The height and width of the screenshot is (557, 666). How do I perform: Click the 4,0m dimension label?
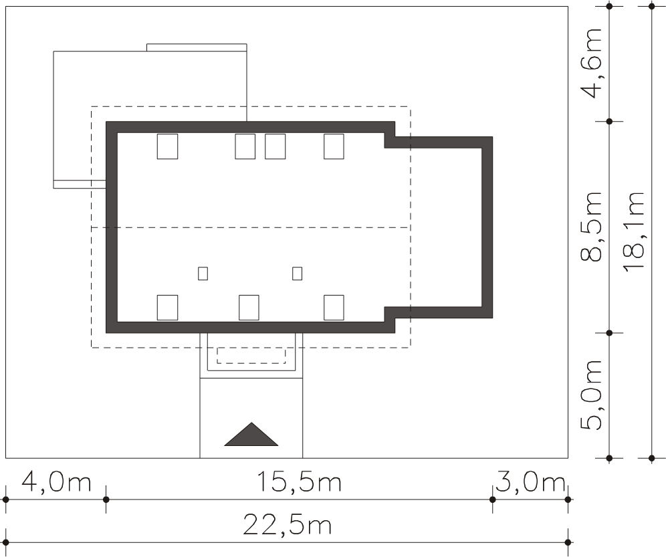(x=56, y=483)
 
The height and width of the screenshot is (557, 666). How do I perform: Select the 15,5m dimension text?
(x=299, y=483)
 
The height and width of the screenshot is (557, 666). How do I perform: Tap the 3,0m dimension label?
(x=530, y=483)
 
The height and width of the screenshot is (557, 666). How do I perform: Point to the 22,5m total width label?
(x=287, y=525)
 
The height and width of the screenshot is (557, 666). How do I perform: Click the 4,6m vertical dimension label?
(x=591, y=63)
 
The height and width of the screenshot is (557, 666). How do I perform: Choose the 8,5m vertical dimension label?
(x=591, y=227)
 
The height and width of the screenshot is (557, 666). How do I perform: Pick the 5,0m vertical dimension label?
(x=591, y=395)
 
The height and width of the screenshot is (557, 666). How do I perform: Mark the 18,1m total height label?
(x=634, y=231)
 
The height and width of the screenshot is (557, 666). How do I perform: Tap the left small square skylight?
(x=203, y=273)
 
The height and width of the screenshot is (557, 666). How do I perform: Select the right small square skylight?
(x=298, y=273)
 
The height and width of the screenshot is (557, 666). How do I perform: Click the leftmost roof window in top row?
(x=167, y=146)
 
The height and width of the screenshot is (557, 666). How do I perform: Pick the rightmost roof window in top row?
(x=334, y=146)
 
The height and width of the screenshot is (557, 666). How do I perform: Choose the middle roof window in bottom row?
(x=249, y=308)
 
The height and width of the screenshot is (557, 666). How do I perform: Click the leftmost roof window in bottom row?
(x=167, y=308)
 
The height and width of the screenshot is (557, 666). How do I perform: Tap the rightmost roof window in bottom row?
(x=334, y=308)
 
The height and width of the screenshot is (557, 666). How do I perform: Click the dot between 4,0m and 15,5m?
(x=106, y=499)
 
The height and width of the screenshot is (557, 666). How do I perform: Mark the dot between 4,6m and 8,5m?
(x=609, y=122)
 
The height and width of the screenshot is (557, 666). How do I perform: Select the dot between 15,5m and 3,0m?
(x=493, y=499)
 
